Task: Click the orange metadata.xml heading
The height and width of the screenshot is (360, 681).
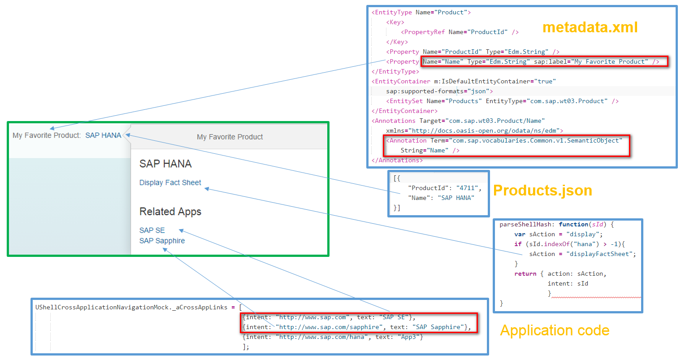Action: [590, 27]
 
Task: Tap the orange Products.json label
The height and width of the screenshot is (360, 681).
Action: [542, 191]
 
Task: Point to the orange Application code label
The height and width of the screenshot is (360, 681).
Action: [555, 330]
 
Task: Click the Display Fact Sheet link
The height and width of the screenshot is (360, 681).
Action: [170, 182]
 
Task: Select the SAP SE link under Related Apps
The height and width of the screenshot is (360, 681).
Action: [152, 230]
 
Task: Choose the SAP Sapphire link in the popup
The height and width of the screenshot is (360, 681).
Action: [162, 241]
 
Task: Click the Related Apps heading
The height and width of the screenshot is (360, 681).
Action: [170, 211]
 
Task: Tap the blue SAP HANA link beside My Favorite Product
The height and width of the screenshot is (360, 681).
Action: [103, 135]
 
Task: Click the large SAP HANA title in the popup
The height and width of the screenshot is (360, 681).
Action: [165, 164]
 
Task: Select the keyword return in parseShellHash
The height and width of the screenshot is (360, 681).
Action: [525, 273]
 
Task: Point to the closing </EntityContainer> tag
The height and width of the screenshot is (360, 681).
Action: [404, 111]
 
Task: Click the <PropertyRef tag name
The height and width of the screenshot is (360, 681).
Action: [423, 32]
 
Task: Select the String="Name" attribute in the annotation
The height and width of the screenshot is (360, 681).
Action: [425, 151]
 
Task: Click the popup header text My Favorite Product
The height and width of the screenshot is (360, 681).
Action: [230, 137]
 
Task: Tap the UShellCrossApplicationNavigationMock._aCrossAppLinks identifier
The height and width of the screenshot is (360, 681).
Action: [131, 308]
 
